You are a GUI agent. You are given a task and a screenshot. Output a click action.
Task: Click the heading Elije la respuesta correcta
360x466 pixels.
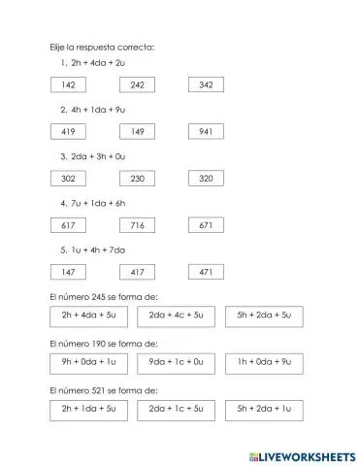pyautogui.click(x=102, y=46)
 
